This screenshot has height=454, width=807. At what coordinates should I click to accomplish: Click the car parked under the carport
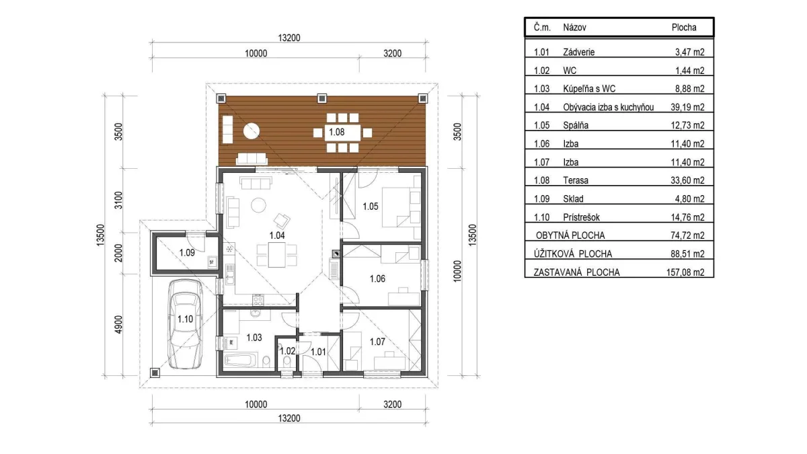[x=185, y=324]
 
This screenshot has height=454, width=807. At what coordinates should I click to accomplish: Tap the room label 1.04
[x=277, y=235]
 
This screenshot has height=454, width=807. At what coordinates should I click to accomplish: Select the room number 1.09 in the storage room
[x=187, y=253]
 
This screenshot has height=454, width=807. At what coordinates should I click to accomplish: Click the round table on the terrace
[x=252, y=130]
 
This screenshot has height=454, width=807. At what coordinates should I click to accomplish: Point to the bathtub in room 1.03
[x=240, y=360]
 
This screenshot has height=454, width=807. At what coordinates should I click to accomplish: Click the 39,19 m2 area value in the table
[x=687, y=107]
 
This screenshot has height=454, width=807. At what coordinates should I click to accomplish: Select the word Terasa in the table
[x=576, y=180]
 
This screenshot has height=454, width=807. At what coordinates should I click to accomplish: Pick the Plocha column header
[x=684, y=28]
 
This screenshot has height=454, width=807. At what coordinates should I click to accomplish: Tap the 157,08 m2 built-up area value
[x=685, y=272]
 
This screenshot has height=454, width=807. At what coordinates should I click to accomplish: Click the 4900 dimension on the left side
[x=118, y=325]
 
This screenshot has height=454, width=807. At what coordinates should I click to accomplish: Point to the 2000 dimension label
[x=118, y=253]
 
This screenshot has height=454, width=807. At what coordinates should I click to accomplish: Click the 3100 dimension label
[x=118, y=200]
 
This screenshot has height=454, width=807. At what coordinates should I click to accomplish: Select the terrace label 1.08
[x=336, y=133]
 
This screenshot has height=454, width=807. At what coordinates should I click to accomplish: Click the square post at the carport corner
[x=155, y=373]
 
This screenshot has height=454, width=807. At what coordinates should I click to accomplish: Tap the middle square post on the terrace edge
[x=321, y=98]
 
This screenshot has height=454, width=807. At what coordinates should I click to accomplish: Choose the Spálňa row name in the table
[x=576, y=125]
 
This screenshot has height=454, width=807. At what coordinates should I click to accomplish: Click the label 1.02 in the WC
[x=288, y=351]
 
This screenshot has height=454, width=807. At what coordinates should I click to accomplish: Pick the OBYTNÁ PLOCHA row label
[x=570, y=235]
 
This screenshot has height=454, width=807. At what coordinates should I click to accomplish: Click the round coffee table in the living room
[x=259, y=205]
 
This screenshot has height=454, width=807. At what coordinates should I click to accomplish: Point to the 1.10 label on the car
[x=185, y=319]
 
